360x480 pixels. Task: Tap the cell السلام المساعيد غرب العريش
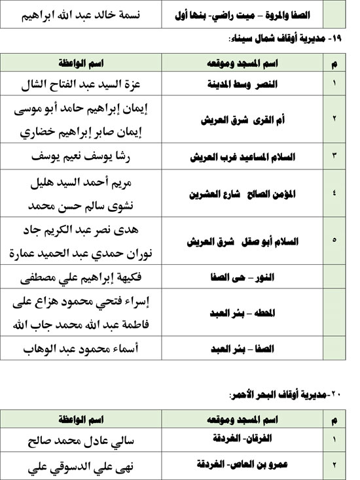(234, 159)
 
